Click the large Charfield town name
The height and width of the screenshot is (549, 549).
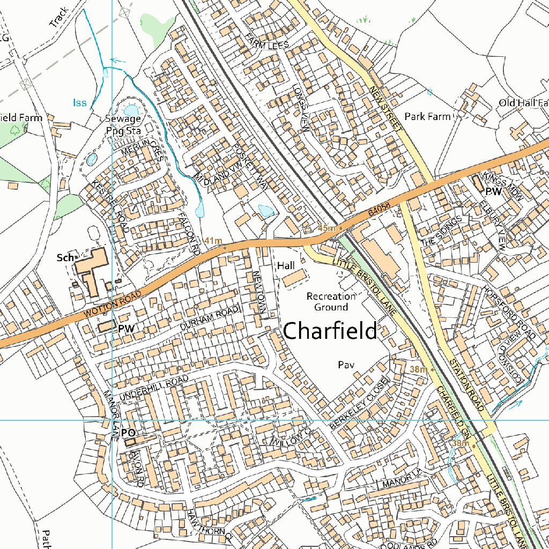[x=330, y=331]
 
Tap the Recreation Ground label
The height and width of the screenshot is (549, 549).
[x=331, y=301]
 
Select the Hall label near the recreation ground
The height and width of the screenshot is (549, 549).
[x=286, y=265]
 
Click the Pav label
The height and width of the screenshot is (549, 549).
[x=344, y=365]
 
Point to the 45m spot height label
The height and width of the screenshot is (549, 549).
[x=326, y=228]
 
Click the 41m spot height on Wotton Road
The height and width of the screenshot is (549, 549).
[x=214, y=241]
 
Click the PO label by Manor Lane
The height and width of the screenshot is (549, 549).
[x=128, y=432]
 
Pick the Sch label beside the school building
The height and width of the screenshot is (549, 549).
[x=65, y=258]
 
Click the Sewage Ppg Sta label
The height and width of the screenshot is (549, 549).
[x=123, y=123]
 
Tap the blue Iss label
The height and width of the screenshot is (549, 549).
[x=79, y=102]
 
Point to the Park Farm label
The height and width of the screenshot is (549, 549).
[x=427, y=116]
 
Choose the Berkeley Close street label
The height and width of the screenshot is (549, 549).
[x=358, y=403]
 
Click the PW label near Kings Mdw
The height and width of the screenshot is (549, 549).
[x=493, y=191]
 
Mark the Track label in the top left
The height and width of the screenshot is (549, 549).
[x=58, y=17]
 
